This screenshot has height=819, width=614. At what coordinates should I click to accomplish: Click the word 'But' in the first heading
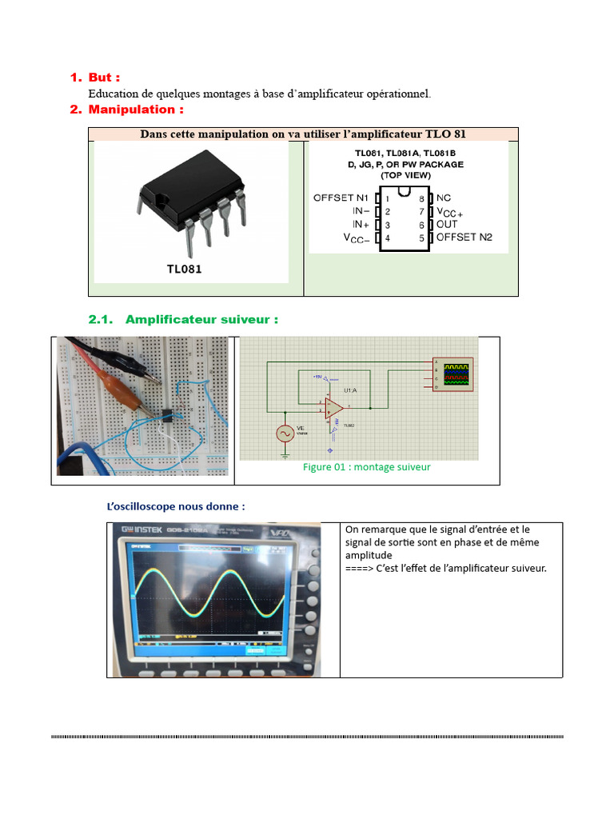pos(101,78)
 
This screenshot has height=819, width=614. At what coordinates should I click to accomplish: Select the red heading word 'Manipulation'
pos(131,110)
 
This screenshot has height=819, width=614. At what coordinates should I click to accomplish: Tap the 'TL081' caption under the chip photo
pos(184,270)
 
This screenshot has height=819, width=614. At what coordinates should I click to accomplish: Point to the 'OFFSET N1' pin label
pos(341,198)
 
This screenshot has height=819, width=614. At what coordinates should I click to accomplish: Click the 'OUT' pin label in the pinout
pos(448,225)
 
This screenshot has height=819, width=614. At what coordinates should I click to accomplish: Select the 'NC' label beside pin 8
pos(444,198)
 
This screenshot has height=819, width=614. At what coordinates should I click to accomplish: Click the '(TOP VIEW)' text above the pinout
pos(405,175)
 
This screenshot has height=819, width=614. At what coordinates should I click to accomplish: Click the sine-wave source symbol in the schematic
pos(285,433)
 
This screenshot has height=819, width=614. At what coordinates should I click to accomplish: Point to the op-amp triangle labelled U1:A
pos(334,408)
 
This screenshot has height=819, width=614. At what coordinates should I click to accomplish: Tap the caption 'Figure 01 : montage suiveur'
pos(366,467)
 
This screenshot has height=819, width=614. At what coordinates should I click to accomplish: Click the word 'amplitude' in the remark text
pos(369,555)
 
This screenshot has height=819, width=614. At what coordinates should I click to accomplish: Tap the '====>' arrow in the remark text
pos(359,569)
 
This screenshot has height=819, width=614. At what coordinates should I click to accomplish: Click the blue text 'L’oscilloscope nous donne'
pos(176,506)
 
